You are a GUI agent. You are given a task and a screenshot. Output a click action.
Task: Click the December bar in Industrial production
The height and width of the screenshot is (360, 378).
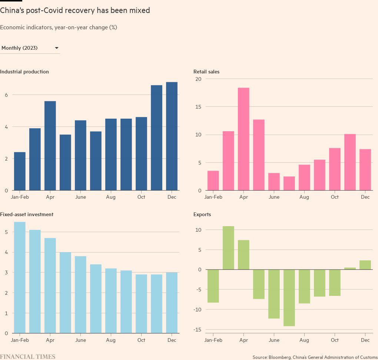(x=172, y=136)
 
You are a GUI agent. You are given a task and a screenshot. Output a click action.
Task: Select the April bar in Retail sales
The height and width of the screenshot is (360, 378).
(x=243, y=139)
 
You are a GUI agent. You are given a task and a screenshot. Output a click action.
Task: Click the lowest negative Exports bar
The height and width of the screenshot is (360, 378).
(x=289, y=298)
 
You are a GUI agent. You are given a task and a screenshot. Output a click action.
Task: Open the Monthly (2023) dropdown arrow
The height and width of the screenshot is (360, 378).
(x=57, y=48)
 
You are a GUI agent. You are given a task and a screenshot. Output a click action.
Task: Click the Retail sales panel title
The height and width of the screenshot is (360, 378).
(x=206, y=72)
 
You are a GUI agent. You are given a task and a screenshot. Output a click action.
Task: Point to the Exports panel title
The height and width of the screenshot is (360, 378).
(x=202, y=214)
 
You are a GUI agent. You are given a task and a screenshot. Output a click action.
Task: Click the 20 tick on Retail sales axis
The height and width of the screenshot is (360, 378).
(x=198, y=79)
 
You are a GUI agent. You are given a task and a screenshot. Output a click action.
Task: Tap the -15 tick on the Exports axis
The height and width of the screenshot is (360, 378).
(x=197, y=330)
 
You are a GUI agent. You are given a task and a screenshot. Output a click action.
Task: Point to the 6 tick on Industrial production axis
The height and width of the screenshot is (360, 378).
(x=6, y=95)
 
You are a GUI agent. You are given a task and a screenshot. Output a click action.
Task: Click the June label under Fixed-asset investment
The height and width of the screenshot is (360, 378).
(x=80, y=340)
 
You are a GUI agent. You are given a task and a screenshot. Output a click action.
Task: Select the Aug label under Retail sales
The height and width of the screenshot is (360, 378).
(x=304, y=197)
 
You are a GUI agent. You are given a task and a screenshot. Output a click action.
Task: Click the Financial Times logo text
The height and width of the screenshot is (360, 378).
(x=28, y=357)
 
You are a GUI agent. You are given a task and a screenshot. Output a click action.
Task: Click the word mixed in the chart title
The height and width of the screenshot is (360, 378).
(x=138, y=10)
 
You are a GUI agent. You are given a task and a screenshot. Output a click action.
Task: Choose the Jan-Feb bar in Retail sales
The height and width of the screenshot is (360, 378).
(x=213, y=181)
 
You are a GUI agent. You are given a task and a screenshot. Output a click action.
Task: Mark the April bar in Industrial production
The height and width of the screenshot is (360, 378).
(x=50, y=146)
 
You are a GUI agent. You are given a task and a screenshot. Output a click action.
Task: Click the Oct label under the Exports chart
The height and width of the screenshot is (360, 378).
(x=335, y=340)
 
